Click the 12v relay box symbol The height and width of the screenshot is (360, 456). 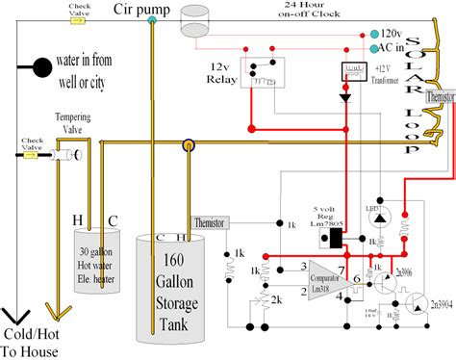[266, 74]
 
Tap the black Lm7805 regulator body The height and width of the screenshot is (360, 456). [337, 237]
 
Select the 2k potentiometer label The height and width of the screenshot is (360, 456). [277, 300]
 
